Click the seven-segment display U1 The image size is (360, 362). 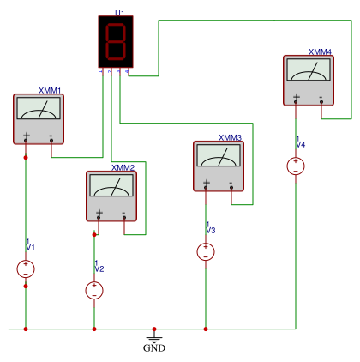[116, 42]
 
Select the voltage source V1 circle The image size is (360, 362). [26, 268]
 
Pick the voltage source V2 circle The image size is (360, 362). [94, 291]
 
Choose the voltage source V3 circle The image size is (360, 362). [206, 251]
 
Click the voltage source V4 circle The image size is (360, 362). [296, 166]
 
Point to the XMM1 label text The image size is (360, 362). [50, 91]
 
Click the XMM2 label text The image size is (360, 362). [123, 167]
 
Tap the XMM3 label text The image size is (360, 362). [231, 138]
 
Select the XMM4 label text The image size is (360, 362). [320, 51]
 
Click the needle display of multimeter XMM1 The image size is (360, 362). [39, 108]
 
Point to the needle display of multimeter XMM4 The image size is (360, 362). [309, 69]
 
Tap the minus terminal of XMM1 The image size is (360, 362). [51, 140]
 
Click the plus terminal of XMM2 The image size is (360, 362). [99, 218]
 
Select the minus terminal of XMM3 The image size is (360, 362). [231, 188]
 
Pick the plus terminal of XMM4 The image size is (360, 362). [296, 102]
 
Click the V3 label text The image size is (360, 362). [211, 230]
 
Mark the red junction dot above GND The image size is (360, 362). [154, 329]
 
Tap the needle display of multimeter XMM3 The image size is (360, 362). [219, 155]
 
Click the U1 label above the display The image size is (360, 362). [120, 13]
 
